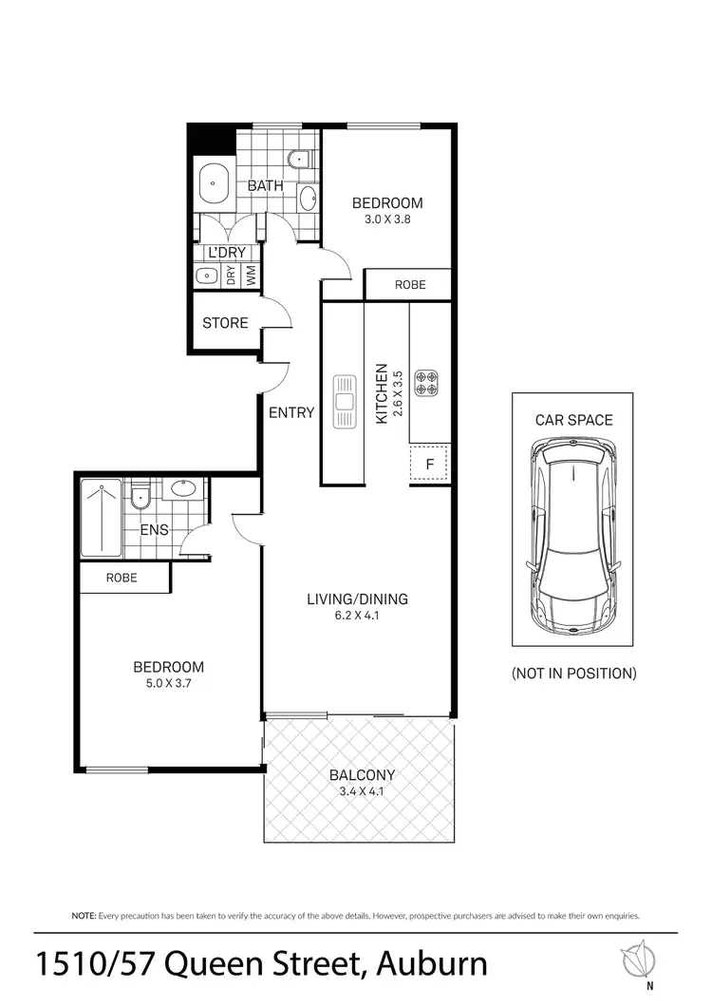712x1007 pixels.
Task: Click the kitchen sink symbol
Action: [x=343, y=402]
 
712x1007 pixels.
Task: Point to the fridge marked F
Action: [x=430, y=465]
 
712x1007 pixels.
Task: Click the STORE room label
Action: [x=225, y=323]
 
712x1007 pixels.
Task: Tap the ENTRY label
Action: [x=290, y=412]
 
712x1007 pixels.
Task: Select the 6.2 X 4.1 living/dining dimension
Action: [x=357, y=616]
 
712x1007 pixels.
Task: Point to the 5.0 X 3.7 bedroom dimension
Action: [x=168, y=683]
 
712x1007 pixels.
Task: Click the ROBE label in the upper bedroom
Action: [x=410, y=284]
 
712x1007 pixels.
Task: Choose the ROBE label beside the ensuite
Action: [x=122, y=578]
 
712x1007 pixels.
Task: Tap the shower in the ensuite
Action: [x=101, y=519]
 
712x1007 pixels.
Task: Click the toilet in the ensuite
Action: [x=140, y=496]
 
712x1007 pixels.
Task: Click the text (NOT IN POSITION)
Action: [x=573, y=674]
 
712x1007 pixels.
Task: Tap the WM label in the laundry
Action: [x=251, y=275]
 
